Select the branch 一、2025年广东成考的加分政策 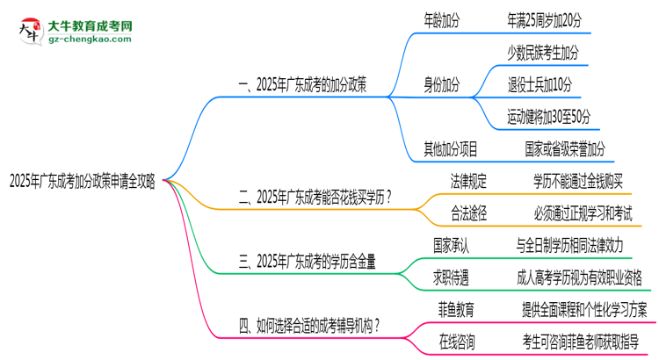[x=303, y=86]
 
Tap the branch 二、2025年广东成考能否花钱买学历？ [x=315, y=198]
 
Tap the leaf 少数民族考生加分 [x=543, y=53]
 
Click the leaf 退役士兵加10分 [x=540, y=85]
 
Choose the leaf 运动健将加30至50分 [x=548, y=117]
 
